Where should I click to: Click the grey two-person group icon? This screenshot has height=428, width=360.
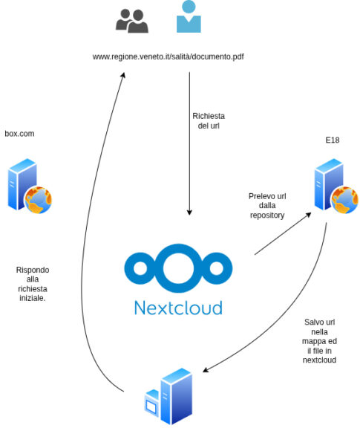pos(132,21)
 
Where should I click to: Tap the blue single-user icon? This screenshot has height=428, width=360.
pos(189,17)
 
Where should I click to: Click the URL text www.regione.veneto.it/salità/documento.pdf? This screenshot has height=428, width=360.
pos(168,56)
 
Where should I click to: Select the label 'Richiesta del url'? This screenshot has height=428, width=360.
pos(209,121)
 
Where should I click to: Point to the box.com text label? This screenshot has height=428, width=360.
pos(19,134)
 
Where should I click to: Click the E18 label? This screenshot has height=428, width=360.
pos(333,140)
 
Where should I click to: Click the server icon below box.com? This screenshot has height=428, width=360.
pos(30,186)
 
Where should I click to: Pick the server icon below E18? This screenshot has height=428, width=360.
pos(336,186)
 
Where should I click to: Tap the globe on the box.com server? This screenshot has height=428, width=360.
pos(38,200)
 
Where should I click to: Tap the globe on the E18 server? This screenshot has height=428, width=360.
pos(345,200)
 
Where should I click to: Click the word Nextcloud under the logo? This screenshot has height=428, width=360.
pos(178,308)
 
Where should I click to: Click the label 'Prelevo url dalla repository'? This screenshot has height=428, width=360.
pos(267,206)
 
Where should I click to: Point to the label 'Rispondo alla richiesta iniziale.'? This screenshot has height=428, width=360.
pos(33,284)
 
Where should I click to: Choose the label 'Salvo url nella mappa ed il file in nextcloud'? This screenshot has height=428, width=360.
pos(319,341)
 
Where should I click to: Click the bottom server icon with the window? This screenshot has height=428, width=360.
pos(168,396)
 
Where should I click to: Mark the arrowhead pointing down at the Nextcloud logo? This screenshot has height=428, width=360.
pos(189,213)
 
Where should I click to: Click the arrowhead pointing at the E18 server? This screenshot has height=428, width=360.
pos(309,215)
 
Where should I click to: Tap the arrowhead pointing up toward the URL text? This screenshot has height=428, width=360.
pos(123,75)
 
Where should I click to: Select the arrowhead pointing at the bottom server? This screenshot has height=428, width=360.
pos(206,370)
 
